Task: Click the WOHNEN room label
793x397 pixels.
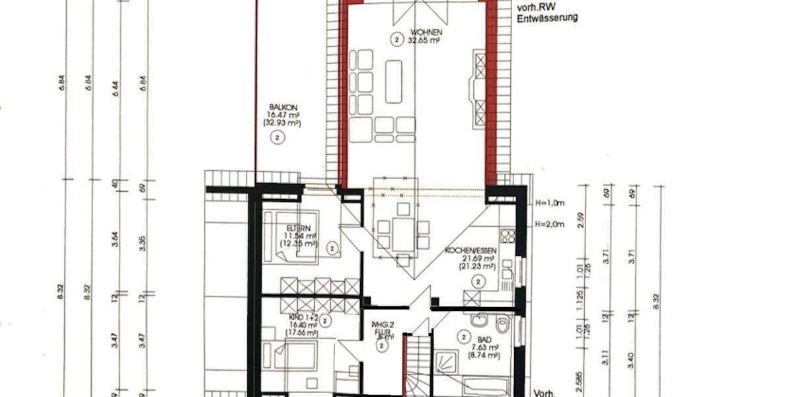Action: coord(426,32)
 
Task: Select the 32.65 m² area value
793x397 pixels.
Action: coord(426,40)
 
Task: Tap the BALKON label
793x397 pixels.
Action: coord(278,107)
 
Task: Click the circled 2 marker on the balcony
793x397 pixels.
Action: coord(278,138)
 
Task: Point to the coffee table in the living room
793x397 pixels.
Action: coord(394,81)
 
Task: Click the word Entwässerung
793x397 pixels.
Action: coord(547,17)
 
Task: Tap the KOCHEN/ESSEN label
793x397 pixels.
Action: coord(470,251)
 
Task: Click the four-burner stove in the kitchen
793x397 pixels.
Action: coord(507,236)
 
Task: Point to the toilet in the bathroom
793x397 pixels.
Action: coord(504,326)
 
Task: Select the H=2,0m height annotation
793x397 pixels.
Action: coord(550,224)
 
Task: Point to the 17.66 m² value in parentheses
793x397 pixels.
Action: coord(301,333)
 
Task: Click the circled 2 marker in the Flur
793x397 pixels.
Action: coord(383,346)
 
